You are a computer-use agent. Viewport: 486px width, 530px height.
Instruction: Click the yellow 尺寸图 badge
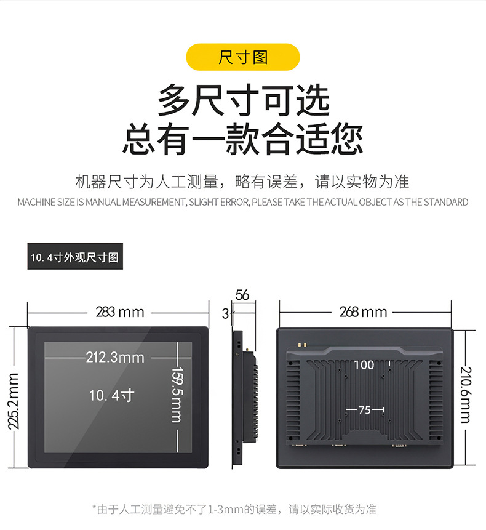coord(243,57)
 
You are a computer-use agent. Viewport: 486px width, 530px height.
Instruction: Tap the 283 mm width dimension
coord(120,312)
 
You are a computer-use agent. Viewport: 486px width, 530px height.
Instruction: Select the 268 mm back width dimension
coord(363,312)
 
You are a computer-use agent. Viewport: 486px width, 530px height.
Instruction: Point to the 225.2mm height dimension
coord(14,401)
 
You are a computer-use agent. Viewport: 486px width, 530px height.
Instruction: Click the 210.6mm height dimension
coord(466,395)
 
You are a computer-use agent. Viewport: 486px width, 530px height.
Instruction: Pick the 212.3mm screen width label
coord(115,357)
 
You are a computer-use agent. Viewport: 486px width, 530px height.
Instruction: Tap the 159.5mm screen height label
coord(177,395)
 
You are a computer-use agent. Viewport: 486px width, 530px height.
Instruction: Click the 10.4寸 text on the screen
coord(111,395)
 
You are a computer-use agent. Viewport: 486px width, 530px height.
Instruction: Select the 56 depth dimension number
coord(242,295)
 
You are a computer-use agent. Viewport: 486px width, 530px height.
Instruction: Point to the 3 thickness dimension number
coord(225,314)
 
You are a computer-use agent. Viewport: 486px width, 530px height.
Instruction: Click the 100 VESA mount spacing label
coord(364,364)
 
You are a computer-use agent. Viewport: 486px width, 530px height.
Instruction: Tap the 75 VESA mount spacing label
coord(365,410)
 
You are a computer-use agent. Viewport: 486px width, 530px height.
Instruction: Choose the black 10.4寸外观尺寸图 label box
coord(75,256)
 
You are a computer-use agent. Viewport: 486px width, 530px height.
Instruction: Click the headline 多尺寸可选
coord(243,100)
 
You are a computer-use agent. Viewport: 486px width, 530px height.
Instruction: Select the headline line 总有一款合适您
coord(243,139)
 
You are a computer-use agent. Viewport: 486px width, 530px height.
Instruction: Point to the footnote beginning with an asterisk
coord(234,510)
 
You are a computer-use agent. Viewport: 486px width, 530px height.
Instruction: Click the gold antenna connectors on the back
coord(302,345)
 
